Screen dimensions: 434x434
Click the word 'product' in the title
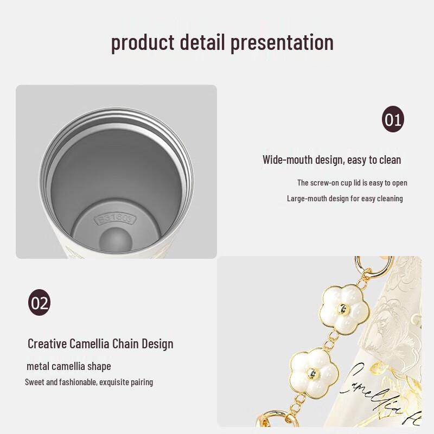(x=143, y=42)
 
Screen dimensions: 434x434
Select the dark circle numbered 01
(x=393, y=119)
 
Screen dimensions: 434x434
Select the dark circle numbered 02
(x=39, y=303)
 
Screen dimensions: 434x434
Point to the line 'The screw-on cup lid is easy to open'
(x=352, y=183)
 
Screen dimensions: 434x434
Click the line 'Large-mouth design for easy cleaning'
(x=344, y=199)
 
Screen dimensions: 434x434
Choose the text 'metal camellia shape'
(x=69, y=366)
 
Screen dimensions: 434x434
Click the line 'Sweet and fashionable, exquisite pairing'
(x=89, y=382)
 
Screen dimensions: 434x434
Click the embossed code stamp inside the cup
(x=114, y=220)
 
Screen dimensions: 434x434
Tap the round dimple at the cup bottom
(x=115, y=239)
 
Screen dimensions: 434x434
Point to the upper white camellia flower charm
(x=343, y=309)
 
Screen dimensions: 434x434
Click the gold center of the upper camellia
(x=343, y=309)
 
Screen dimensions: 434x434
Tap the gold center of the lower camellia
(x=314, y=373)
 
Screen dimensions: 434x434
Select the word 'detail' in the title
(x=202, y=42)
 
